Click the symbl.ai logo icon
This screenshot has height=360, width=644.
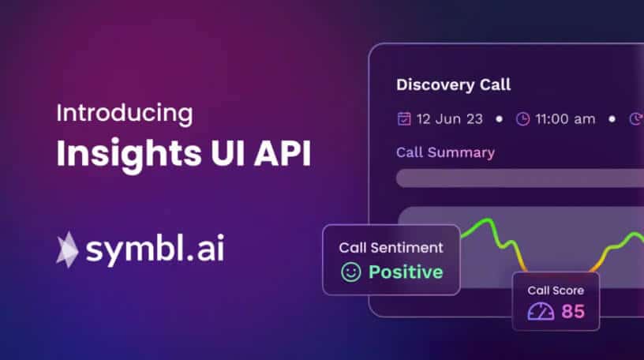coord(67,249)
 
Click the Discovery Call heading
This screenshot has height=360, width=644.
coord(453,84)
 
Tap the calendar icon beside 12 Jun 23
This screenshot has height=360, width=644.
coord(403,119)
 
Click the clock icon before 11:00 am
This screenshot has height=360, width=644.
coord(522,119)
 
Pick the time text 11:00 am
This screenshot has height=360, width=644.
coord(565,119)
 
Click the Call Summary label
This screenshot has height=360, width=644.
coord(445,152)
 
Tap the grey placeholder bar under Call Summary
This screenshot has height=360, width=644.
coord(519,178)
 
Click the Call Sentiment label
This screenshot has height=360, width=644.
coord(391,247)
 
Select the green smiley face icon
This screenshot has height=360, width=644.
coord(350,272)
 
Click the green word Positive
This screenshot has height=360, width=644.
coord(406,272)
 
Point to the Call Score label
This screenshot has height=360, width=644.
coord(556,290)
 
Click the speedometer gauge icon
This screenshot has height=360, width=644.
coord(541,311)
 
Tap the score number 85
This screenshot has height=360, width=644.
coord(573,311)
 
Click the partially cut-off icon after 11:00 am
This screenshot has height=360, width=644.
coord(637,119)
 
